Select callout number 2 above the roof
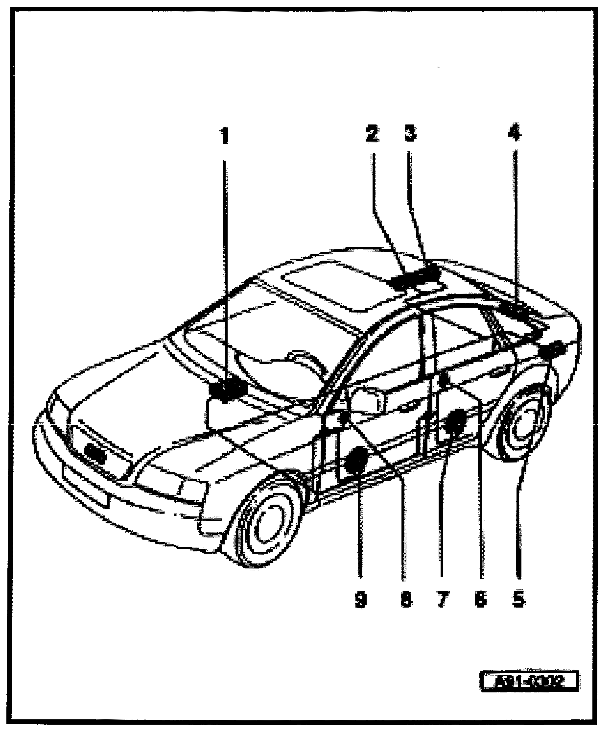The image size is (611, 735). point(372,133)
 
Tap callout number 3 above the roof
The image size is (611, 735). point(410,133)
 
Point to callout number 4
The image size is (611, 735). point(515,133)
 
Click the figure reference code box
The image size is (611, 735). point(529,682)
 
